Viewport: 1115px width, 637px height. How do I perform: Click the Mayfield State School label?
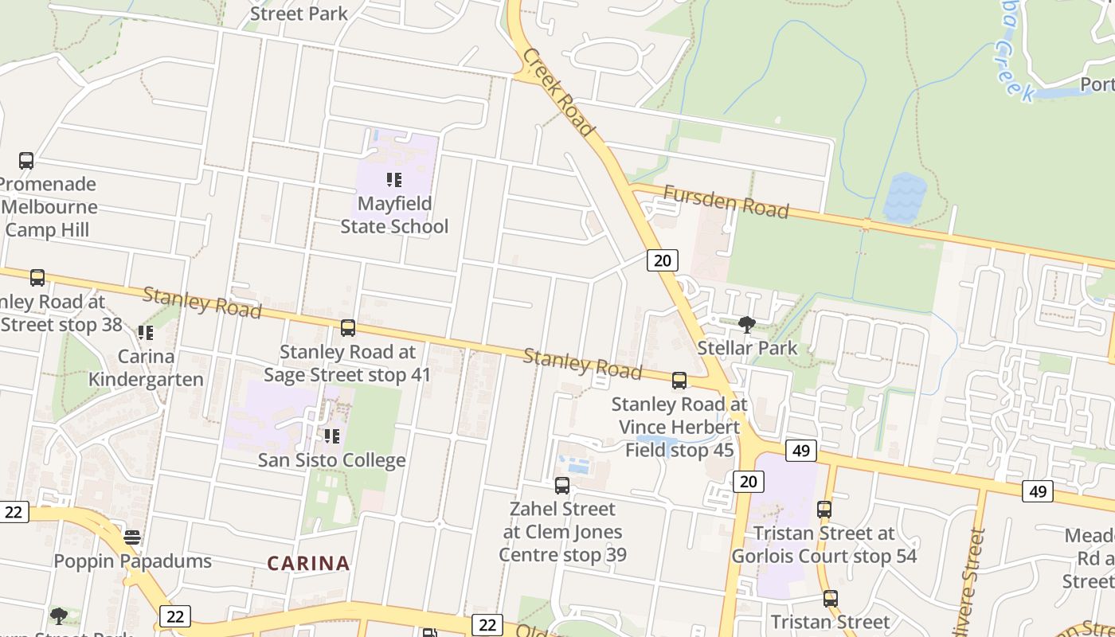point(394,215)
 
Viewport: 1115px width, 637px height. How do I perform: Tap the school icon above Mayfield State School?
point(394,180)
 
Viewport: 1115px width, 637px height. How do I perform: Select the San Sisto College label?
point(332,460)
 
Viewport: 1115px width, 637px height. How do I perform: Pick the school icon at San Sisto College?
point(332,436)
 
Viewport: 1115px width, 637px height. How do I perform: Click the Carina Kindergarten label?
point(146,367)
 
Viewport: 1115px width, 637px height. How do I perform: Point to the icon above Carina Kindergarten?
point(146,333)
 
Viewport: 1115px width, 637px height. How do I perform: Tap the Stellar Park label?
point(747,348)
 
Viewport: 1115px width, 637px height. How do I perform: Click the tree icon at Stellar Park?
point(747,324)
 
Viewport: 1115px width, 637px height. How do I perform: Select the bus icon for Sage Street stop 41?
point(348,328)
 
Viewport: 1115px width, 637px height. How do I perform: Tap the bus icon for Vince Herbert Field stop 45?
point(679,381)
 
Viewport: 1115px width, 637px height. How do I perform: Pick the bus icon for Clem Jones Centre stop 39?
point(562,486)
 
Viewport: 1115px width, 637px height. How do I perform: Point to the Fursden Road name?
point(726,202)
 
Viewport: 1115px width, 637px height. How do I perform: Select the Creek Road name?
point(559,92)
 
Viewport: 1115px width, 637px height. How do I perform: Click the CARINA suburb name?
point(308,564)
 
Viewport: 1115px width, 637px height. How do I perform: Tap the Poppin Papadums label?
point(132,561)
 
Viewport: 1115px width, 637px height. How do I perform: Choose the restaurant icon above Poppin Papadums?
point(132,537)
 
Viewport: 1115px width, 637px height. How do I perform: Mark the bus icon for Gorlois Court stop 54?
point(824,510)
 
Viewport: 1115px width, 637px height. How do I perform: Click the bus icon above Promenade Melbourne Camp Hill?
point(26,161)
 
